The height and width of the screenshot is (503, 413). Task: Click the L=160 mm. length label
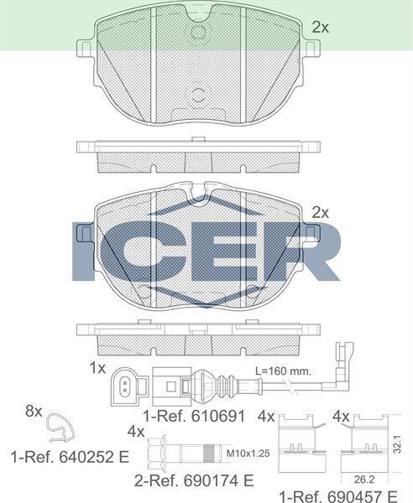pyautogui.click(x=285, y=371)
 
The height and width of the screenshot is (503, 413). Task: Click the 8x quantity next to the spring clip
pyautogui.click(x=33, y=411)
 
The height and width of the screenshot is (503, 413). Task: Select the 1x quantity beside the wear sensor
pyautogui.click(x=97, y=368)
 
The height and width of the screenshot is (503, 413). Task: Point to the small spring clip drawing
pyautogui.click(x=59, y=428)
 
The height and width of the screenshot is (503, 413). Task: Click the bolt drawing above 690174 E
pyautogui.click(x=185, y=453)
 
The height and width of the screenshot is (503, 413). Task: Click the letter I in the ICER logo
pyautogui.click(x=84, y=251)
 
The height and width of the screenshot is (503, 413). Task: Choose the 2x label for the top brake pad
pyautogui.click(x=320, y=27)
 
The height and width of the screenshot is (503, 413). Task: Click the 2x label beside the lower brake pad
pyautogui.click(x=320, y=211)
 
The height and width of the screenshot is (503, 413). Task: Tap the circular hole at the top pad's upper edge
pyautogui.click(x=199, y=32)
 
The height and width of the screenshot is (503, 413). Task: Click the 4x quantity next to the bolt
pyautogui.click(x=136, y=432)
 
